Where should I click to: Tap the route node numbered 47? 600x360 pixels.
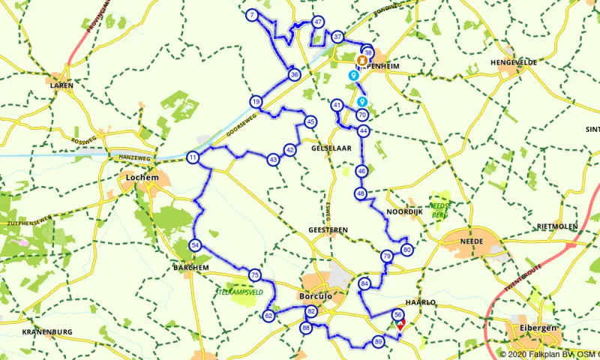pos(319,22)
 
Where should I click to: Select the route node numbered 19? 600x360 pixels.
pos(256,101)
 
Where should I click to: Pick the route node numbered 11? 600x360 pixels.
pos(193,157)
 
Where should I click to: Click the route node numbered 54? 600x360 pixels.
pos(196,245)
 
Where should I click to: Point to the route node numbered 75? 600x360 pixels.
pos(255,275)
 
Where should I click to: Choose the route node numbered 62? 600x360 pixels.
pos(268,316)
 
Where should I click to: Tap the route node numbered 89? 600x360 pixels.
pos(378,342)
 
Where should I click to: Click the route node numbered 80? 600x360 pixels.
pos(406,250)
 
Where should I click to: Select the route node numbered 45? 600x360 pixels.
pos(310,121)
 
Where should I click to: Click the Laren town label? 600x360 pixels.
pos(61,85)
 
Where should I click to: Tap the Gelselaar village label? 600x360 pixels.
pos(331,149)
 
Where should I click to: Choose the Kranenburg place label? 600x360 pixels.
pos(46,331)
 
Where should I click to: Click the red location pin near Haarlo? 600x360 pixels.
pos(400,324)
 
